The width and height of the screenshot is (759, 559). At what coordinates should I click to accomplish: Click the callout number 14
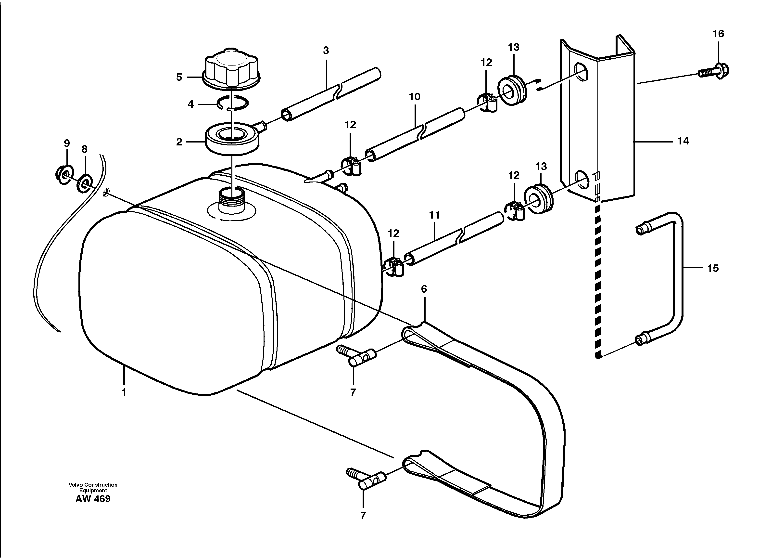click(683, 141)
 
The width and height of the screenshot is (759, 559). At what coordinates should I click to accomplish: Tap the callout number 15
click(713, 268)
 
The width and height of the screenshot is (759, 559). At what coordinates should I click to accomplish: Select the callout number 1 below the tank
click(124, 392)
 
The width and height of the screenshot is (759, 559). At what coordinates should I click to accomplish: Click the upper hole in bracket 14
click(581, 72)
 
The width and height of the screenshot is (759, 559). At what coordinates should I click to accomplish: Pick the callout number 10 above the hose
click(414, 97)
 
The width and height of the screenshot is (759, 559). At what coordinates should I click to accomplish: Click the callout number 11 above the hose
click(434, 215)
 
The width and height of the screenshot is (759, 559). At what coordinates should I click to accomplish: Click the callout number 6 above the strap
click(424, 289)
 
